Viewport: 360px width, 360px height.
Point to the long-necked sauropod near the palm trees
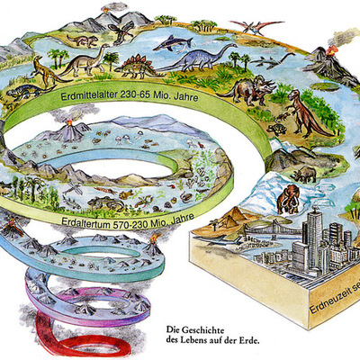pyautogui.click(x=80, y=63)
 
